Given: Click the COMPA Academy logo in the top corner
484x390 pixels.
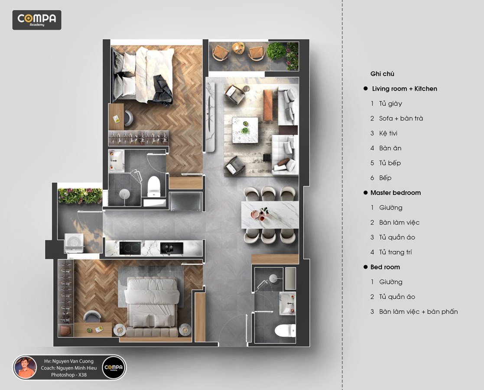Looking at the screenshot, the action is coord(37,20).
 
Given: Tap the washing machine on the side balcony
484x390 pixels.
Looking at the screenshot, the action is coord(74,243).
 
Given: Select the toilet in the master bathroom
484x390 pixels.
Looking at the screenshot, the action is coord(154,186).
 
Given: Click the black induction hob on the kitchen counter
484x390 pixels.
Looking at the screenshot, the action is coord(130,248).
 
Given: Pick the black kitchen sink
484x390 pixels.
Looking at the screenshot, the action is coord(172,248).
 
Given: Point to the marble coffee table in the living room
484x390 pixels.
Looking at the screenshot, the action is coord(245,130).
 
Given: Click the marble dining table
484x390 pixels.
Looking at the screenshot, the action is coord(270,214).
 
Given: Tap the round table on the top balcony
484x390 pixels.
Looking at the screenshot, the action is coord(238,48).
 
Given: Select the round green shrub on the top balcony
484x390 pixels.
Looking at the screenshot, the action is coord(276,51).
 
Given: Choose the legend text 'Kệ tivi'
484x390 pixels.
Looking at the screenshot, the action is coord(388,133).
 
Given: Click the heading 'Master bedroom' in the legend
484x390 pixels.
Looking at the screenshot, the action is coord(396,193).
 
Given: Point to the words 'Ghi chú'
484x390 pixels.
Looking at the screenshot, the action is coord(382,74).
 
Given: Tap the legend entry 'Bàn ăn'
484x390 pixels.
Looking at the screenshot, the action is coord(390,148).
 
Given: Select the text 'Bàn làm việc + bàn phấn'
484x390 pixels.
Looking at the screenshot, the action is coord(418,312).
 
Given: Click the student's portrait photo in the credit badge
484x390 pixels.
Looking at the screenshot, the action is coord(25,367).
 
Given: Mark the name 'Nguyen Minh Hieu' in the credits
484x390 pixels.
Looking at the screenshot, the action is coord(76,368).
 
